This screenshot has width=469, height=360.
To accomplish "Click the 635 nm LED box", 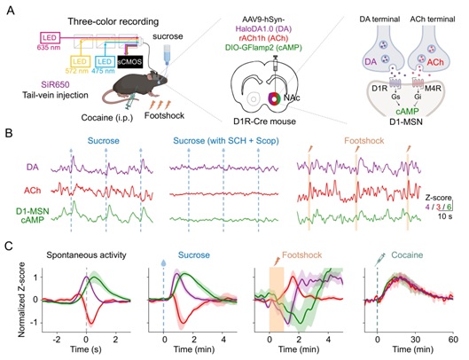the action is click(x=50, y=38).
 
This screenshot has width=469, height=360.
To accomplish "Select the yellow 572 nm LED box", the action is click(x=80, y=62).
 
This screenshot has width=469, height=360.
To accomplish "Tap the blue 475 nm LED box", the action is click(x=105, y=62).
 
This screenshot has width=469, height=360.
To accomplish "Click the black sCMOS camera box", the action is click(x=129, y=62).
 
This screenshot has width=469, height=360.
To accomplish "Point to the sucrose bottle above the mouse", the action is click(x=167, y=55).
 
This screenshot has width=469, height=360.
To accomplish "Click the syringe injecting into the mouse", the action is click(x=130, y=100).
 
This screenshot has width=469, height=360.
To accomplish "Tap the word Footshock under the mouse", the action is click(x=164, y=115).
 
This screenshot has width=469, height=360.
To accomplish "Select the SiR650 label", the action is click(x=56, y=85).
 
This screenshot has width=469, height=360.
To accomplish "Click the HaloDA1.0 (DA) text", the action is click(x=263, y=29).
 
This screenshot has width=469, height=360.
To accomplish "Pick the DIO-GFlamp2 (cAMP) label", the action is click(x=263, y=47).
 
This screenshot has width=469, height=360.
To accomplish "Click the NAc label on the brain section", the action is click(x=292, y=98).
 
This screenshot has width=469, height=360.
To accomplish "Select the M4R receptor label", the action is click(x=434, y=89).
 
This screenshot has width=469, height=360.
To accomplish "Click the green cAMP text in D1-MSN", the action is click(x=407, y=112).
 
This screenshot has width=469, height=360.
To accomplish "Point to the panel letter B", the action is click(x=9, y=134).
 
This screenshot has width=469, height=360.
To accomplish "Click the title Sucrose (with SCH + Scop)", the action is click(x=226, y=141).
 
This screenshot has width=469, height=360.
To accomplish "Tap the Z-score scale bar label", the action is click(x=438, y=198).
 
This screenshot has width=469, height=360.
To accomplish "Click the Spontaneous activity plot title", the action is click(x=86, y=255).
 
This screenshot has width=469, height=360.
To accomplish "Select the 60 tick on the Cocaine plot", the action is click(x=453, y=340).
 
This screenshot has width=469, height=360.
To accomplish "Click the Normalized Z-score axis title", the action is click(x=21, y=300).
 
